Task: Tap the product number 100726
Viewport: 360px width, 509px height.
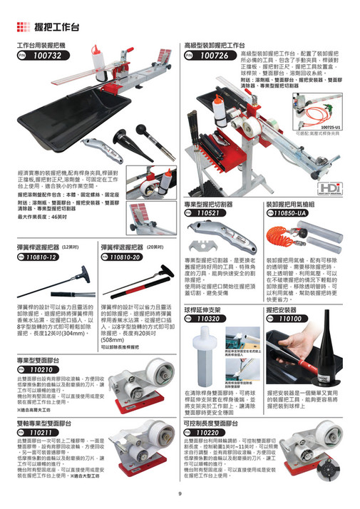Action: (x=215, y=55)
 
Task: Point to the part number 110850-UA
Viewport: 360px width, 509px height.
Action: (x=289, y=212)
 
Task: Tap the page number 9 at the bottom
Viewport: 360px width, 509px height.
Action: (x=180, y=494)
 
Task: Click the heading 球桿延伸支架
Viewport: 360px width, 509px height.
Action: (x=207, y=310)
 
